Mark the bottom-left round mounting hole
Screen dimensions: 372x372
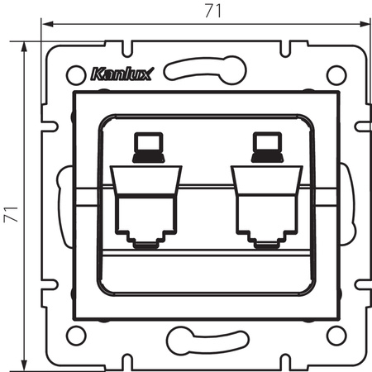tap(75, 335)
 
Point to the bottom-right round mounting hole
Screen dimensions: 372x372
tap(335, 335)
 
